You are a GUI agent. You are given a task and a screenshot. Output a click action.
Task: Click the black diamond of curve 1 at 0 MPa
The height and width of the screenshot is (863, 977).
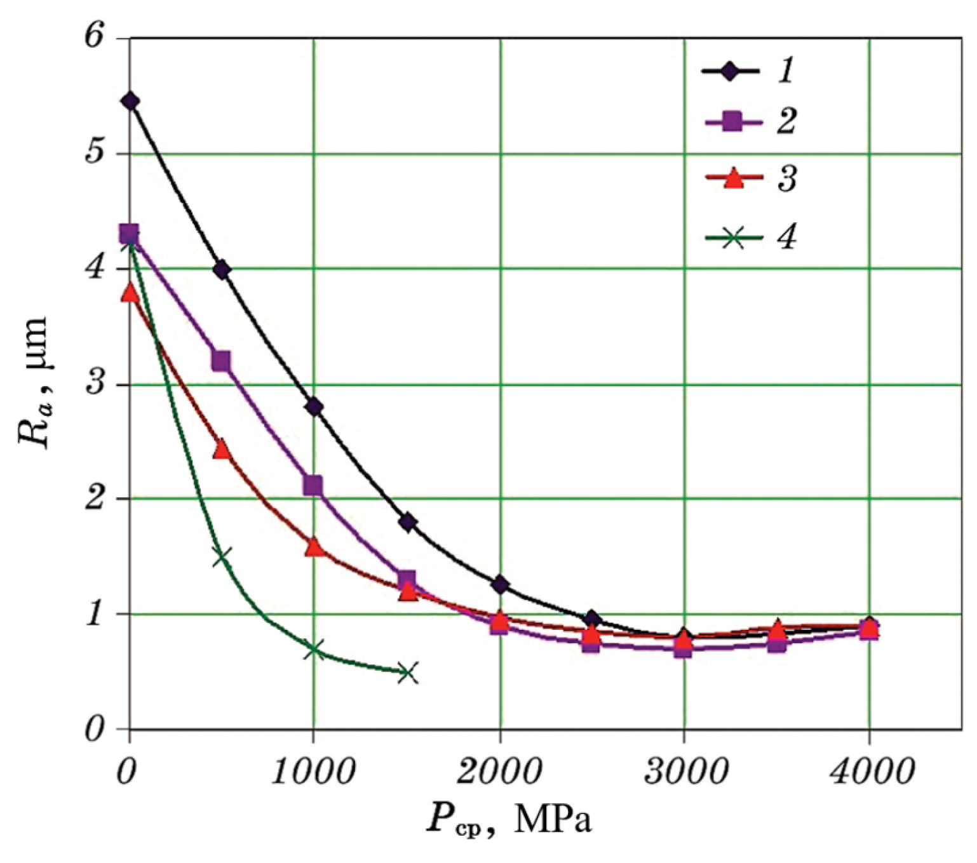point(130,102)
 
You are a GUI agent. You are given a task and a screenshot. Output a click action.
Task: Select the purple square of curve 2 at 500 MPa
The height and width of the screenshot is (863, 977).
point(221,361)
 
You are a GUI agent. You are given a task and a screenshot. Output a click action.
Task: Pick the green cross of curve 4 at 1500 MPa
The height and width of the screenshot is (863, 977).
point(408,673)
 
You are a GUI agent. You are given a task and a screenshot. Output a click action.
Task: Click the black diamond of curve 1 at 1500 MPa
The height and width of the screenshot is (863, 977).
point(407,523)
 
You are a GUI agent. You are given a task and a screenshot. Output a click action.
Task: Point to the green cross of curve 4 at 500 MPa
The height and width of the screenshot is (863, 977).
point(222,557)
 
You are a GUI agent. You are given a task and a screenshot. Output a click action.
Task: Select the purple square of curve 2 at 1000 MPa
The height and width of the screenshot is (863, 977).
point(313,486)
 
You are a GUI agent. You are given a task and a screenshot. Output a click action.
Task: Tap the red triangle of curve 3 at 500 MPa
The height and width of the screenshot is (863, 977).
point(222,450)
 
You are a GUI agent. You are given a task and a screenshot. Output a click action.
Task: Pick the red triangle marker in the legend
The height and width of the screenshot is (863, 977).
point(734,178)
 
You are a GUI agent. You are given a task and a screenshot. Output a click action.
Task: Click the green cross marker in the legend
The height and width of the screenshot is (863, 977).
point(734,238)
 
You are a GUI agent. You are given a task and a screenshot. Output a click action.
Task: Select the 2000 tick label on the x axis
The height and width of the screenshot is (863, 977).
point(500,772)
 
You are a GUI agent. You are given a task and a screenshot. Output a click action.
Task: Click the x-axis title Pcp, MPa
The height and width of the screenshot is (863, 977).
point(508,820)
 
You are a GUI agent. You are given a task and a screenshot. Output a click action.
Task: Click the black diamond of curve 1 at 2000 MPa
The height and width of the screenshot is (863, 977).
point(501,585)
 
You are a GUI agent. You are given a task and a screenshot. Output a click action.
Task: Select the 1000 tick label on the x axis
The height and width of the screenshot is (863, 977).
point(311,772)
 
